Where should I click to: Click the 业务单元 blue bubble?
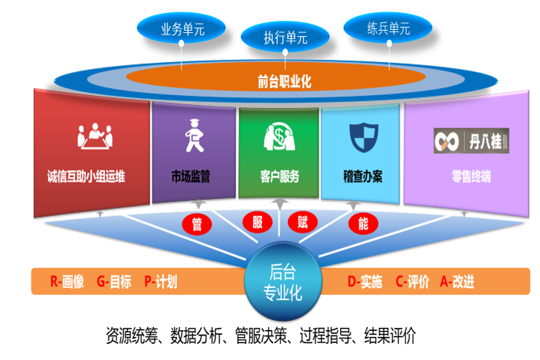click(x=182, y=29)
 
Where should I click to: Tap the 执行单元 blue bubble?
click(x=285, y=36)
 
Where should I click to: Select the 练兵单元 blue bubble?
click(x=388, y=29)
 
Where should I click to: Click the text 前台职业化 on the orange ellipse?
click(x=284, y=79)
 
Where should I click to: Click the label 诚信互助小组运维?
click(x=86, y=177)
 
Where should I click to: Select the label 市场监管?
click(x=191, y=177)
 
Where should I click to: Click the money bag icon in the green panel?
click(x=279, y=139)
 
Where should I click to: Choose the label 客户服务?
click(x=279, y=177)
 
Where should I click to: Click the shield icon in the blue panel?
click(x=362, y=137)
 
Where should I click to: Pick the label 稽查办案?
click(x=362, y=177)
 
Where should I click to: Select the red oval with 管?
click(x=197, y=224)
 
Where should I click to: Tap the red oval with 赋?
click(x=303, y=222)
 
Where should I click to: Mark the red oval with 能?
click(x=362, y=224)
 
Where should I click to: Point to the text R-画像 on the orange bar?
click(x=67, y=281)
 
